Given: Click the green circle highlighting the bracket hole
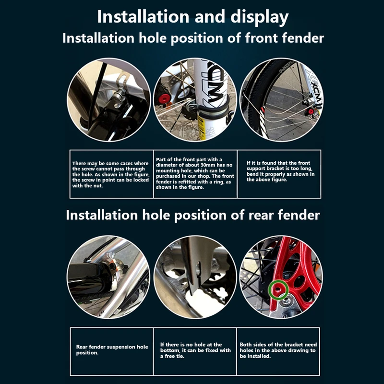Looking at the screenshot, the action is point(278,288).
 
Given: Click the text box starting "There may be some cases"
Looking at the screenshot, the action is point(111,175).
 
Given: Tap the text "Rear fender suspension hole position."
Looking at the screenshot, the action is point(112,349).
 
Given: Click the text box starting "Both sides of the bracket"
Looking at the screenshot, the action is point(278,350).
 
